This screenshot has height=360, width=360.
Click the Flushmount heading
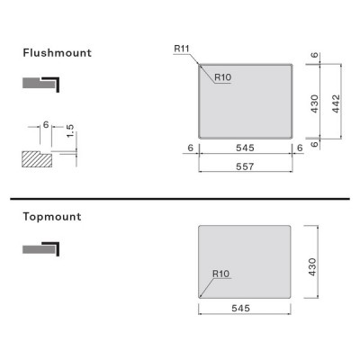point(57,53)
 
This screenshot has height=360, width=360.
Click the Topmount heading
point(52,217)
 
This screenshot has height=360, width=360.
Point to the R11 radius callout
point(182,49)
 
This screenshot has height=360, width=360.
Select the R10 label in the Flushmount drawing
point(223,77)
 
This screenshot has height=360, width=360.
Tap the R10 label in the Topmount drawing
point(220,274)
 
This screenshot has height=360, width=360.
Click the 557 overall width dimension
point(245,166)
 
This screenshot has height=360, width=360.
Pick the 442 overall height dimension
point(336,103)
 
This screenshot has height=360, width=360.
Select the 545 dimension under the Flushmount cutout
point(245,148)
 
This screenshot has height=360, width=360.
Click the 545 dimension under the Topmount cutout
point(240,308)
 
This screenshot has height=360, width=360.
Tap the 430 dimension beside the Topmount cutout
point(312,267)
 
